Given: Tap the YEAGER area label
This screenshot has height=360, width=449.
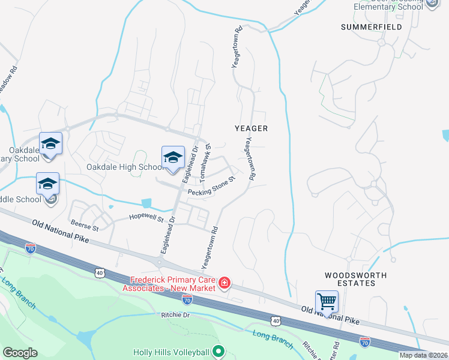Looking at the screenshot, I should [x=251, y=128].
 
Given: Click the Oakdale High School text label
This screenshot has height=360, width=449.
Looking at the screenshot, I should [x=124, y=167].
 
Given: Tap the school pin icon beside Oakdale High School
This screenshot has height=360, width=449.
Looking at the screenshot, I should [x=173, y=158].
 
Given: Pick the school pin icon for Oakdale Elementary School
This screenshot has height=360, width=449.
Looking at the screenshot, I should [x=51, y=145].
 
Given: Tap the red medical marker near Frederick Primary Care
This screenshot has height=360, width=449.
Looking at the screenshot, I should [x=224, y=283].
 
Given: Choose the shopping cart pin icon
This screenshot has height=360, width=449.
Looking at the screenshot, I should [x=327, y=301].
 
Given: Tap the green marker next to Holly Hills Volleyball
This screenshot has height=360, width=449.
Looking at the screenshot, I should [x=218, y=351].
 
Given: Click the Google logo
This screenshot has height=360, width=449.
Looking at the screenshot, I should [x=20, y=353].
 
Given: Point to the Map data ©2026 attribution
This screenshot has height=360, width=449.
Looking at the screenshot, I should [x=423, y=355].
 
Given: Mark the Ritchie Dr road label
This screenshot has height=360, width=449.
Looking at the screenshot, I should [x=175, y=315].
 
